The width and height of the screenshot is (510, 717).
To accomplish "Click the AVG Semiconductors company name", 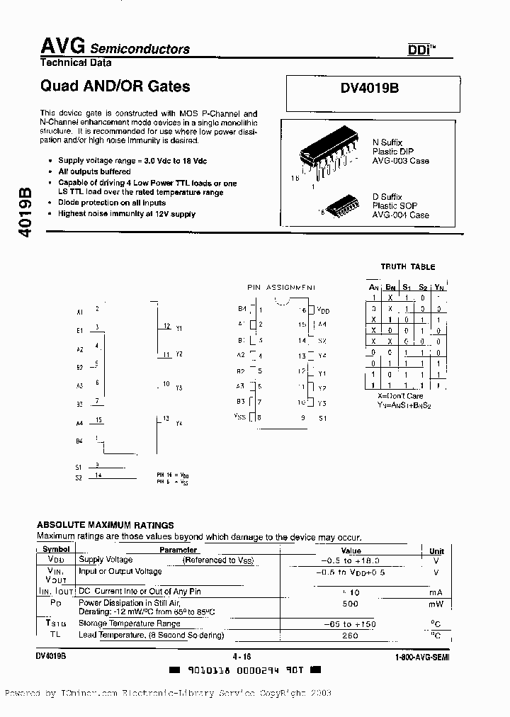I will (x=114, y=47).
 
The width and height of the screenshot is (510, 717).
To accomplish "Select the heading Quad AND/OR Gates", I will (x=114, y=86).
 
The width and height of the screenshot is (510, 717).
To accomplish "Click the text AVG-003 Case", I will (x=401, y=161).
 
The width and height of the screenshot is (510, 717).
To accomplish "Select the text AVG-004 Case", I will (x=401, y=215).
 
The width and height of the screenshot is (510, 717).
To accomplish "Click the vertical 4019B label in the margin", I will (x=23, y=212).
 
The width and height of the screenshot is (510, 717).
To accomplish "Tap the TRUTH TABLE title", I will (x=407, y=267).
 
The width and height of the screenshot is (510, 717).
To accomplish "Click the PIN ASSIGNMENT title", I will (x=281, y=288).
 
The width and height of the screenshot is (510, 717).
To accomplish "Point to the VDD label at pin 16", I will (x=323, y=310).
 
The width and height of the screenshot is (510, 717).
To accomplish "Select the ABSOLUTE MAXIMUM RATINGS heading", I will (x=105, y=525).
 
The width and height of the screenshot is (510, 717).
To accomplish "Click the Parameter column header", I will (x=178, y=550).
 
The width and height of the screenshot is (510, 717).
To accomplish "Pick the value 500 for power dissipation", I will (x=350, y=604).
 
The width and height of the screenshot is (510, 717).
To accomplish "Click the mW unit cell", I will (x=437, y=604).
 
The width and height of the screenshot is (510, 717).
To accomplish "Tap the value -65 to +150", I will (x=350, y=623).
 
